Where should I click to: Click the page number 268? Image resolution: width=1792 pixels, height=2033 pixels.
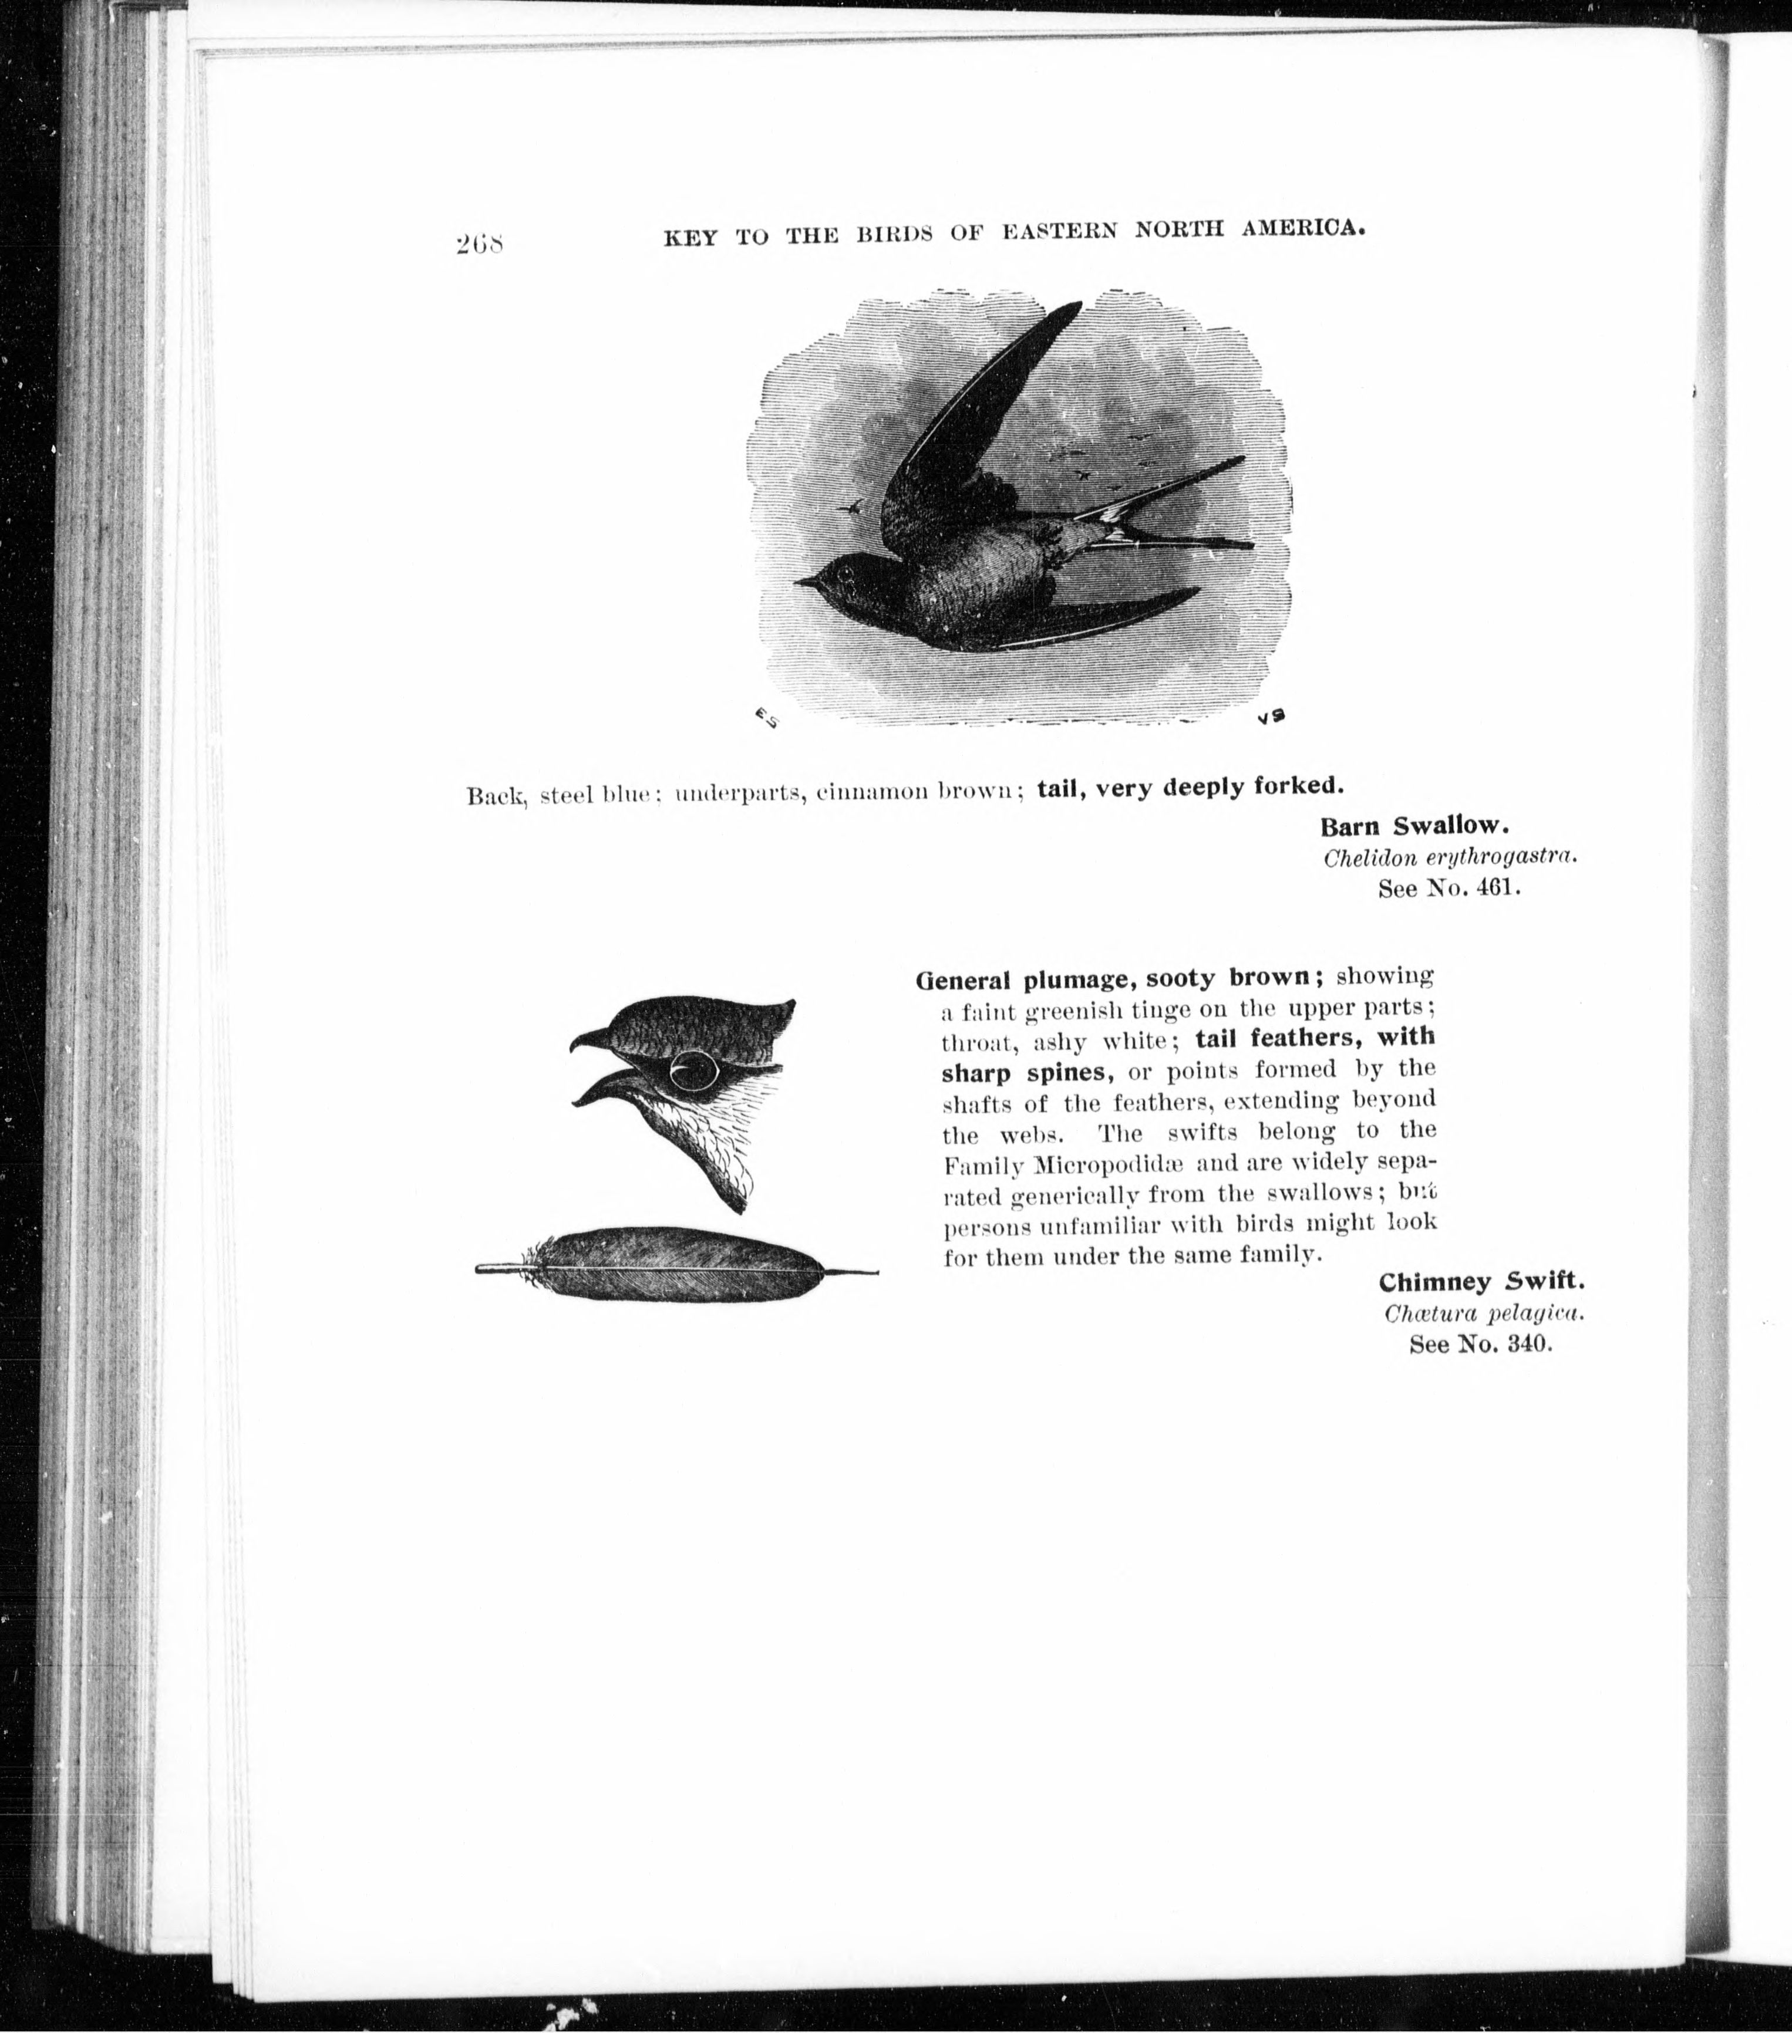[480, 243]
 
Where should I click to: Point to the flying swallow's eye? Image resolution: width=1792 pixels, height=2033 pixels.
[845, 574]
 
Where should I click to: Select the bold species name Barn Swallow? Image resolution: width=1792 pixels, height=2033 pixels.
[1415, 826]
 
